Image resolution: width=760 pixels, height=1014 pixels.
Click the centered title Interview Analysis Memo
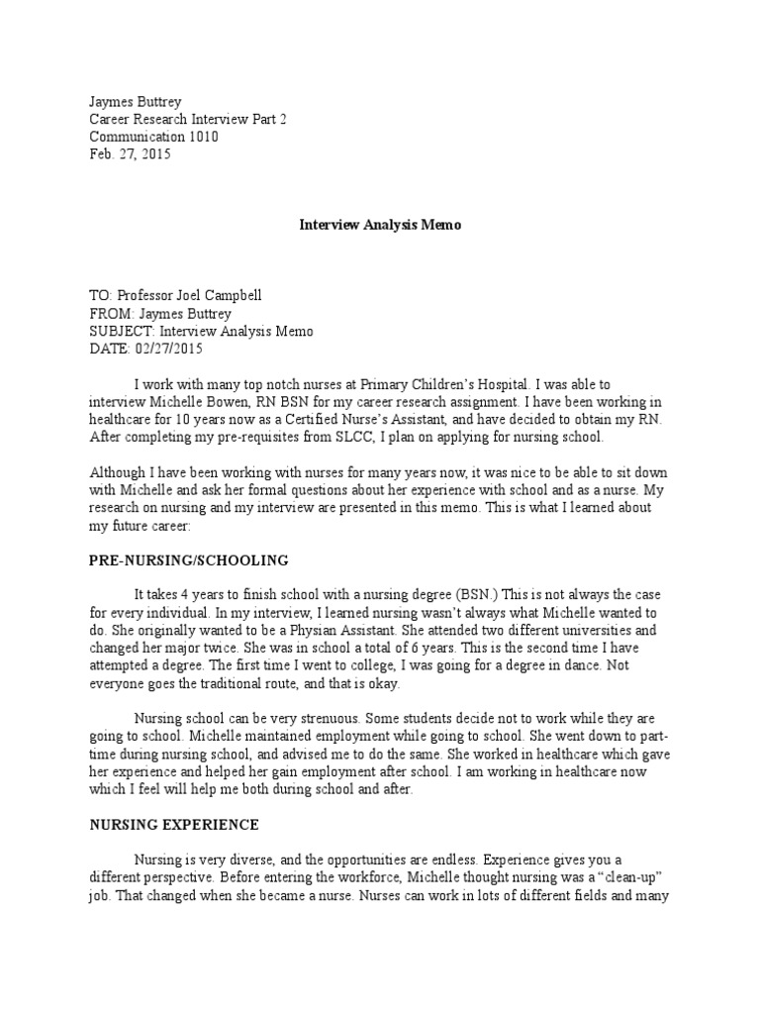(380, 225)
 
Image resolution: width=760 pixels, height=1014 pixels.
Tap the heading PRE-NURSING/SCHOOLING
(189, 560)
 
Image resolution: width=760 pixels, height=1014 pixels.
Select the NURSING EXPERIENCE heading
(174, 824)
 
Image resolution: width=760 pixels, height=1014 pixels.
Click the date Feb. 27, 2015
(130, 154)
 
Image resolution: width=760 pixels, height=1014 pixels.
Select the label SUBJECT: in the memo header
(123, 332)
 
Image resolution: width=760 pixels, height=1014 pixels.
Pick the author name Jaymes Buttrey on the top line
(135, 101)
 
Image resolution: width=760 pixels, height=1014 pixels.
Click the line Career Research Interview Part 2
(187, 119)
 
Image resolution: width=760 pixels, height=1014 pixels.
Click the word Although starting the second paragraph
(119, 472)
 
